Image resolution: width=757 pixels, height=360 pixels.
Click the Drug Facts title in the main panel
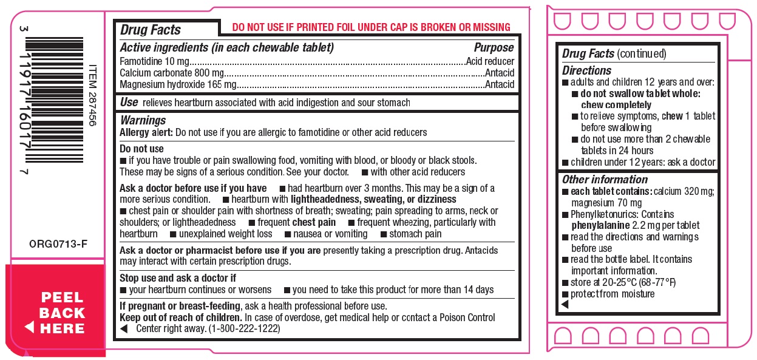pos(150,30)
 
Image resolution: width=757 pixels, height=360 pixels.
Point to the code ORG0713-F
pos(58,244)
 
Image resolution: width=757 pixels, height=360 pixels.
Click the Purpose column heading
pos(494,48)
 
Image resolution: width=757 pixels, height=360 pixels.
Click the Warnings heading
pos(143,120)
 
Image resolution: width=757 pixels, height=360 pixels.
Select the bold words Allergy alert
pos(146,132)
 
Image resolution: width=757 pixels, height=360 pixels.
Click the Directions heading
pos(586,70)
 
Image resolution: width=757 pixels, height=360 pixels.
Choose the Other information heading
pos(605,179)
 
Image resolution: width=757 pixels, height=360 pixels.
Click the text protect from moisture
pos(613,294)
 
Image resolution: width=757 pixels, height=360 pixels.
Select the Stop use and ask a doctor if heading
pos(178,278)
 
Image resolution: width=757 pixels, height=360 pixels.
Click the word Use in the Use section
pos(129,102)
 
